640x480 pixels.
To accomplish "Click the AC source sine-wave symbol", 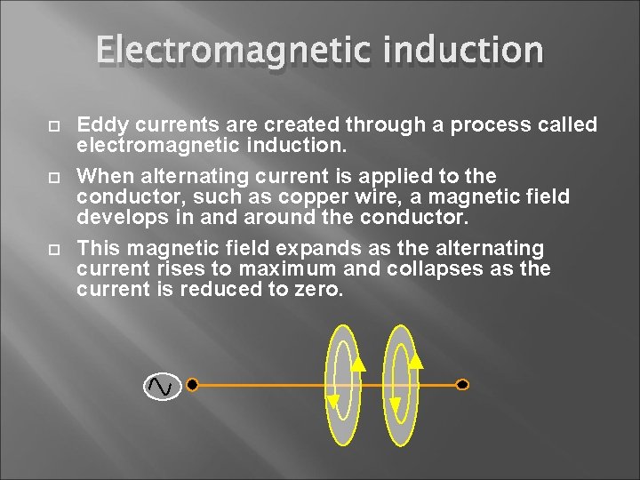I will (162, 386).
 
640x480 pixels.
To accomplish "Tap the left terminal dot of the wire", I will (192, 385).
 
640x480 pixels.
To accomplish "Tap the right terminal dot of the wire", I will (461, 385).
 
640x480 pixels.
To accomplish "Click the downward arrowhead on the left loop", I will (332, 402).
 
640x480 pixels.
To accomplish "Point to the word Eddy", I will (100, 125).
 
